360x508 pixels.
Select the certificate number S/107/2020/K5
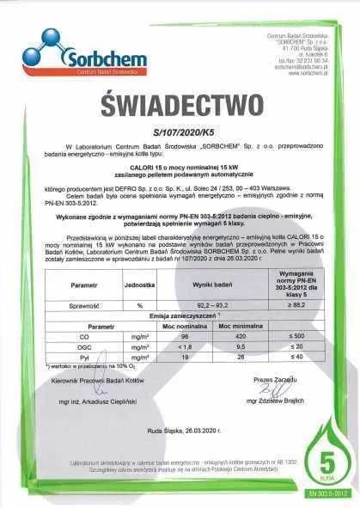[x=180, y=134]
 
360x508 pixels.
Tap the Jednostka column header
[x=140, y=282]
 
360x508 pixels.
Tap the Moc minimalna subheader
[x=233, y=327]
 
